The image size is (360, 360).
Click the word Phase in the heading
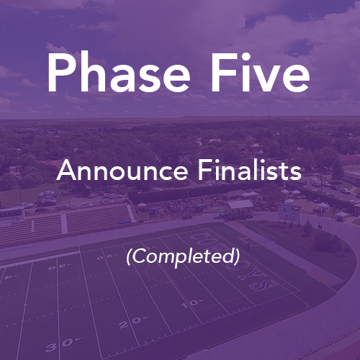119,73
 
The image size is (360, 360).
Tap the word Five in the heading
260,73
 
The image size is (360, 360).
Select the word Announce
122,170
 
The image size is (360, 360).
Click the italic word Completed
183,256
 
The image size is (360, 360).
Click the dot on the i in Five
246,57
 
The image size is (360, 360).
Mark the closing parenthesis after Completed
237,256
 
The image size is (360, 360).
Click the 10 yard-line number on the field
192,304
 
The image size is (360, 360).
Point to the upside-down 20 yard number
105,257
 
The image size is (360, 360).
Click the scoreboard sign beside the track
288,212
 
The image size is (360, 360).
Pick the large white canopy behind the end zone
240,204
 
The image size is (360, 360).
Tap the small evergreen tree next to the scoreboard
308,228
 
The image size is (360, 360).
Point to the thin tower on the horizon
269,114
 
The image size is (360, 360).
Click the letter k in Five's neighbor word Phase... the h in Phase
91,73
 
